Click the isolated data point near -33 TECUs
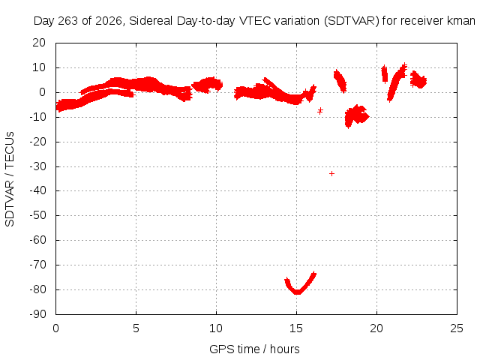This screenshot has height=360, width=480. click(331, 173)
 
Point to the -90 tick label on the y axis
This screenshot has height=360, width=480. click(37, 314)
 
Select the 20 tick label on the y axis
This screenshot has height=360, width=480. click(39, 43)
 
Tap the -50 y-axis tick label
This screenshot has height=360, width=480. click(37, 215)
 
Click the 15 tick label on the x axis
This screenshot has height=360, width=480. click(296, 328)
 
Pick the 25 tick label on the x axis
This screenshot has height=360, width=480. click(457, 328)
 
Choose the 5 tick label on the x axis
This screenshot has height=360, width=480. click(136, 328)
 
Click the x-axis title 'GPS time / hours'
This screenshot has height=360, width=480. click(254, 349)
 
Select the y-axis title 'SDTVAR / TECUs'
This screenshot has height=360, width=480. click(10, 179)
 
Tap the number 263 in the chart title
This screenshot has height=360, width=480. click(68, 21)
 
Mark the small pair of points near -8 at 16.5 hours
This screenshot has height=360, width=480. click(320, 110)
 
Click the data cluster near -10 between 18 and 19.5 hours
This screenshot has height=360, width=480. click(356, 115)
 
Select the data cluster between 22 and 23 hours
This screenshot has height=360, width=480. click(418, 79)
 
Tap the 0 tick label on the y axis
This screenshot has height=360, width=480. click(43, 92)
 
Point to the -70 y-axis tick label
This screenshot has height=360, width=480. click(37, 265)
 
